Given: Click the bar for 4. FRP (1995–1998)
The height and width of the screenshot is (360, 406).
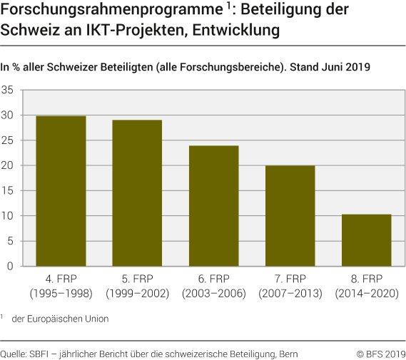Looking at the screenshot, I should (x=61, y=191).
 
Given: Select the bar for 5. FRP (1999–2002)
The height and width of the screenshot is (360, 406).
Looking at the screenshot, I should (x=137, y=193).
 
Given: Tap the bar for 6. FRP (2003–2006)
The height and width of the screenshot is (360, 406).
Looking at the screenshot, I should (x=213, y=206).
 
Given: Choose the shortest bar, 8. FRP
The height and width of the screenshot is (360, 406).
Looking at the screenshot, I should (x=367, y=240).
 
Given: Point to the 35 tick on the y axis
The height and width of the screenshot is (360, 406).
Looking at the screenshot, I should (x=8, y=91).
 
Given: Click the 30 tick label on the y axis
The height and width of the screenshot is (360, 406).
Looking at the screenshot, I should (x=8, y=115).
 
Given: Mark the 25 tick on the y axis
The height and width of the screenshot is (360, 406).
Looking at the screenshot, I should (x=8, y=140).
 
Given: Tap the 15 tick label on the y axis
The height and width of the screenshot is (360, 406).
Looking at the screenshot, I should (x=8, y=191).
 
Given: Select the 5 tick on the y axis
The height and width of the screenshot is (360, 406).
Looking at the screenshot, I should (x=10, y=241).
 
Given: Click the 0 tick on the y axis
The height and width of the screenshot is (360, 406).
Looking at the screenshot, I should (x=10, y=266).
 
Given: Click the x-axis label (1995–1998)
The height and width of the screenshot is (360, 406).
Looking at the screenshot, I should (x=61, y=293).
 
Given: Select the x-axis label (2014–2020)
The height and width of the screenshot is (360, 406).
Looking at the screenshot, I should (x=367, y=293).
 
